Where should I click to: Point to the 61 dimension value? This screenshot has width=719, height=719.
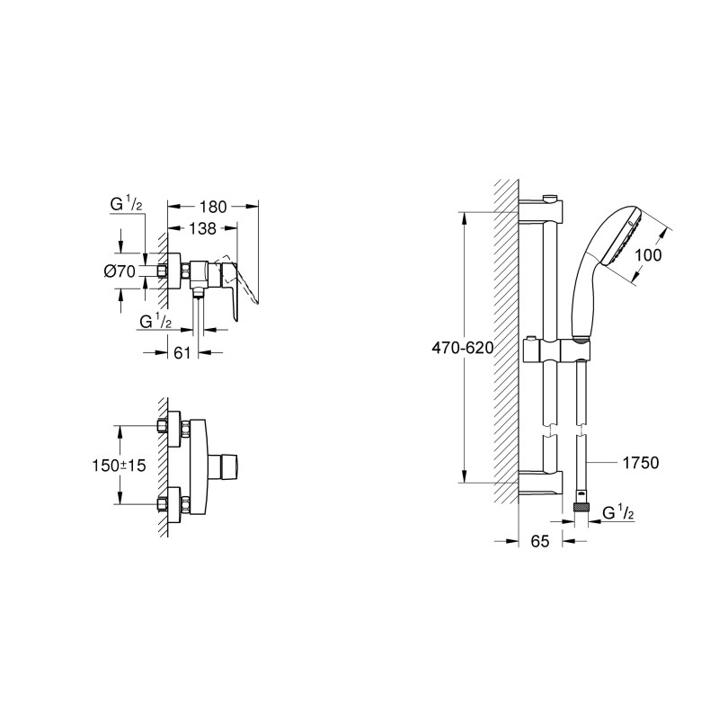pos(182,353)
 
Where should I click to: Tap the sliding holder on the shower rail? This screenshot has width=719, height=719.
pos(559,350)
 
